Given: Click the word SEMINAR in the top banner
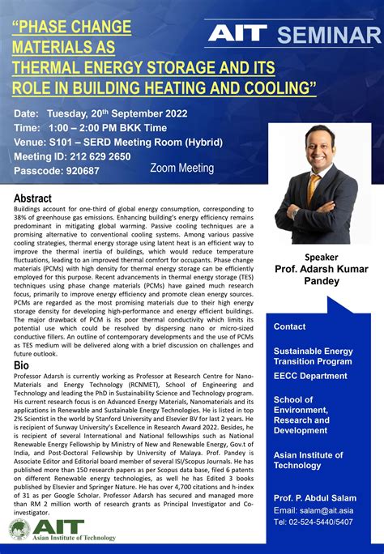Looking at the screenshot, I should point(328,35).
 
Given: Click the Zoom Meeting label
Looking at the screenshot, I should point(182,168).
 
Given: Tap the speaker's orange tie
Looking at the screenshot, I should point(314,188).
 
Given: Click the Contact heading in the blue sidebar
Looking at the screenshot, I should point(290,326).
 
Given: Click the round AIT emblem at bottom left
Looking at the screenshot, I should point(19,530).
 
